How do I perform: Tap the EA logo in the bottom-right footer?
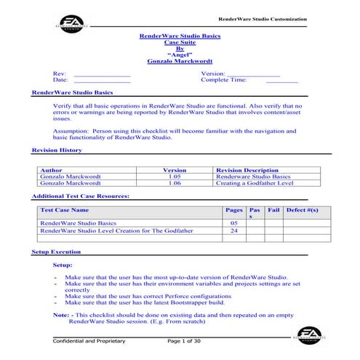(313, 335)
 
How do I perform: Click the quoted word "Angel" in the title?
(180, 55)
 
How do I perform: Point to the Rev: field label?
(60, 73)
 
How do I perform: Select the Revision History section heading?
(57, 150)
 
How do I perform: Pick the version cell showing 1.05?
(174, 176)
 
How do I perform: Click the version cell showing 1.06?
(174, 183)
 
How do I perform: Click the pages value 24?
(234, 230)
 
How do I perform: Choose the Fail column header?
(273, 209)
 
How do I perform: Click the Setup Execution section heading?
(56, 251)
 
